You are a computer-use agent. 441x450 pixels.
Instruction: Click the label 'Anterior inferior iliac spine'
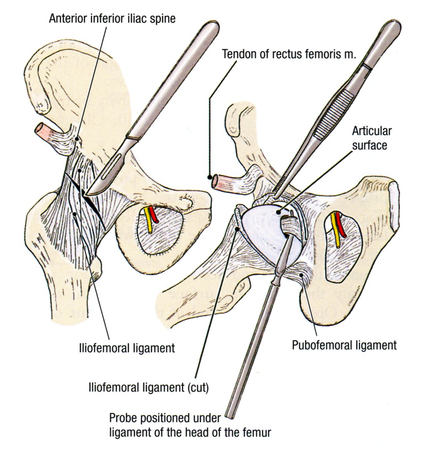point(112,18)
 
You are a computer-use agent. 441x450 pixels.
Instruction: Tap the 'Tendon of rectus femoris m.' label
point(289,54)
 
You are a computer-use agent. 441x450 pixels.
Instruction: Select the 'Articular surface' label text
point(371,138)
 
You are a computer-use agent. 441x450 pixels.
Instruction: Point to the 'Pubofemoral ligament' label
point(344,345)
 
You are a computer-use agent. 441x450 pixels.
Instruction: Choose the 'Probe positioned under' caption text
point(165,418)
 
